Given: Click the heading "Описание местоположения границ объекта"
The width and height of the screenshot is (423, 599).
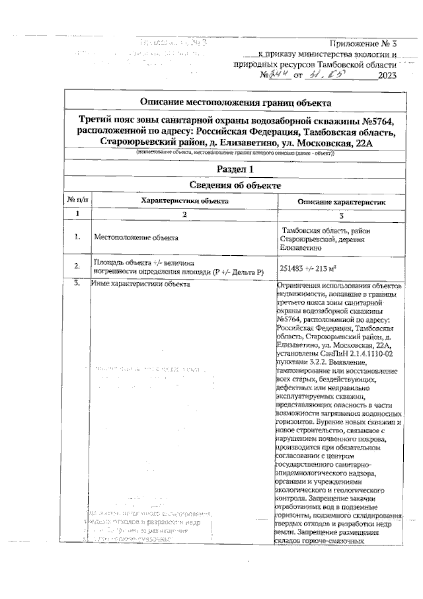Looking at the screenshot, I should point(236,102).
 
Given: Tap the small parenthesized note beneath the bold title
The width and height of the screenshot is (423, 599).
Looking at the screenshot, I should point(236,153).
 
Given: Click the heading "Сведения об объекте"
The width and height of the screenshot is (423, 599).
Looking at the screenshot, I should point(236,186).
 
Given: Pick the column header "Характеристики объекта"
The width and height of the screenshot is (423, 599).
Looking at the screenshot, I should point(184,200).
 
